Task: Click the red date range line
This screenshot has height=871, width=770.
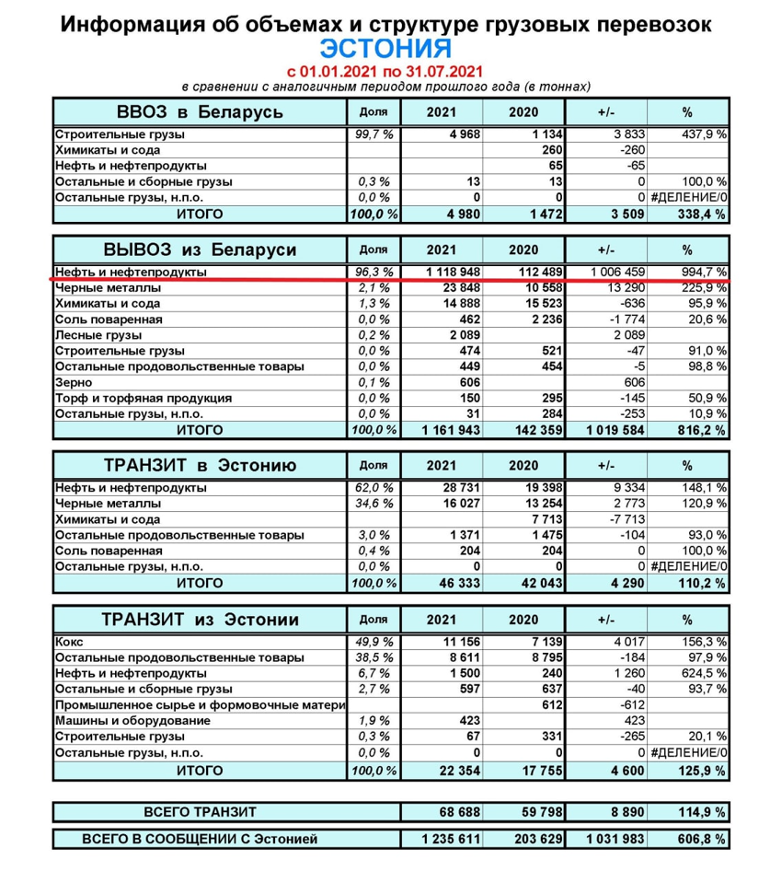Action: pyautogui.click(x=385, y=71)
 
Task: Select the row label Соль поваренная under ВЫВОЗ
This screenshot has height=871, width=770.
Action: pyautogui.click(x=109, y=319)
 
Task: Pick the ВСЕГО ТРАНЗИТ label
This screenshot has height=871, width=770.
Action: pyautogui.click(x=200, y=811)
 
